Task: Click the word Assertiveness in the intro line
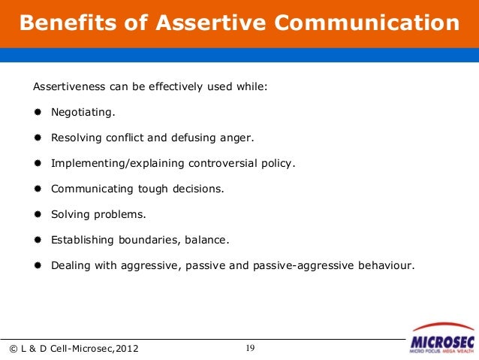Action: [69, 86]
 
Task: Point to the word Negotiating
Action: [83, 112]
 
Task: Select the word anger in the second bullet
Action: [237, 138]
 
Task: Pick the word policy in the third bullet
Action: [278, 163]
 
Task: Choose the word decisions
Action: [197, 189]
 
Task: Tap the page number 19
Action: [251, 347]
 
